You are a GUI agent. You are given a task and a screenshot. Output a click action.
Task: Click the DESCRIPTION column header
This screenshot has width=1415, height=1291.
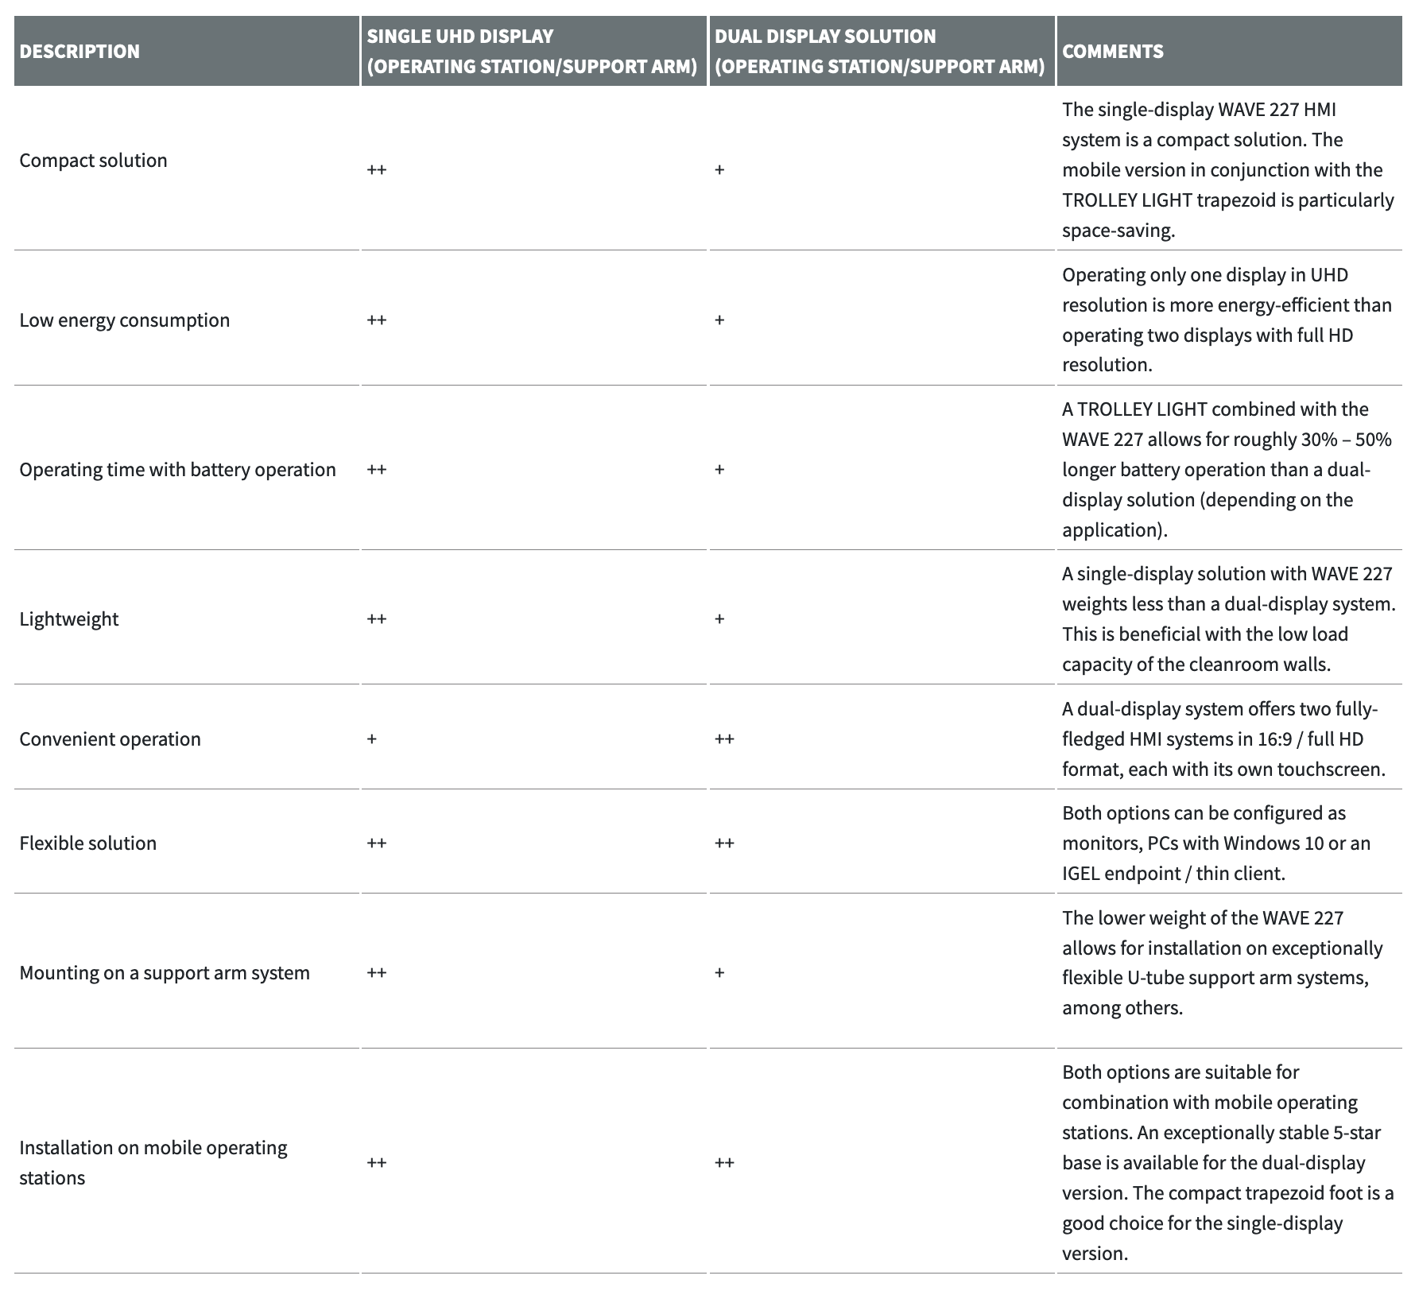[79, 52]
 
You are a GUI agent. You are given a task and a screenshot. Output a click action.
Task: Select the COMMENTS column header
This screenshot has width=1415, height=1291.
[1112, 52]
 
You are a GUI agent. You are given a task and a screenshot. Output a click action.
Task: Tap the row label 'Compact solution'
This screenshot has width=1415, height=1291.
[93, 161]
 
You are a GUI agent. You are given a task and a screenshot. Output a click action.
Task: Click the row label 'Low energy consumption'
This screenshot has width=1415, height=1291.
[124, 320]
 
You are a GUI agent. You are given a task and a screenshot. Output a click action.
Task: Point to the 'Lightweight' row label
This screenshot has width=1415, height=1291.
[68, 619]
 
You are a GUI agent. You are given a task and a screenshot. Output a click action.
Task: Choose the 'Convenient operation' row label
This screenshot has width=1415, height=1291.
[110, 739]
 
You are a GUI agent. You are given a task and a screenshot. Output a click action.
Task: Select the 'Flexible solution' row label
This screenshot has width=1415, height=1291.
[87, 843]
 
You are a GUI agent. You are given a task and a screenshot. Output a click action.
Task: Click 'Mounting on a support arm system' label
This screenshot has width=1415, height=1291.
[164, 973]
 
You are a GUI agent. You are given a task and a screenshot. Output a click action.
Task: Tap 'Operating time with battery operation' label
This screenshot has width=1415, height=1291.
[177, 470]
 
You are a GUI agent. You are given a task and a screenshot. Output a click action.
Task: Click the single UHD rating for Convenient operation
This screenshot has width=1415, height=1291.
[371, 739]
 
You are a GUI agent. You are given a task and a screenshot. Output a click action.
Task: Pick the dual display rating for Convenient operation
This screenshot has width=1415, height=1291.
[724, 739]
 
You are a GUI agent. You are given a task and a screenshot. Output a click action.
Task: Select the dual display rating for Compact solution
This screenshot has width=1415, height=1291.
[719, 170]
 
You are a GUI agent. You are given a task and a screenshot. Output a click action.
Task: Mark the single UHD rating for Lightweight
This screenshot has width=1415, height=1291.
[377, 619]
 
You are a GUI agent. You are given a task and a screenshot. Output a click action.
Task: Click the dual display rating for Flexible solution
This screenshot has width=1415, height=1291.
[724, 843]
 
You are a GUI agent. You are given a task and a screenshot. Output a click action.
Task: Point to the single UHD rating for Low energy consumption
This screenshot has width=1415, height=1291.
[377, 320]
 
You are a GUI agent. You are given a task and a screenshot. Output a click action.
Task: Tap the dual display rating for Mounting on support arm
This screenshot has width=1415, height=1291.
[719, 973]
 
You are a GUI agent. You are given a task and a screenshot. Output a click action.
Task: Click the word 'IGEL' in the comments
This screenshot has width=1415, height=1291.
[1082, 874]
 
